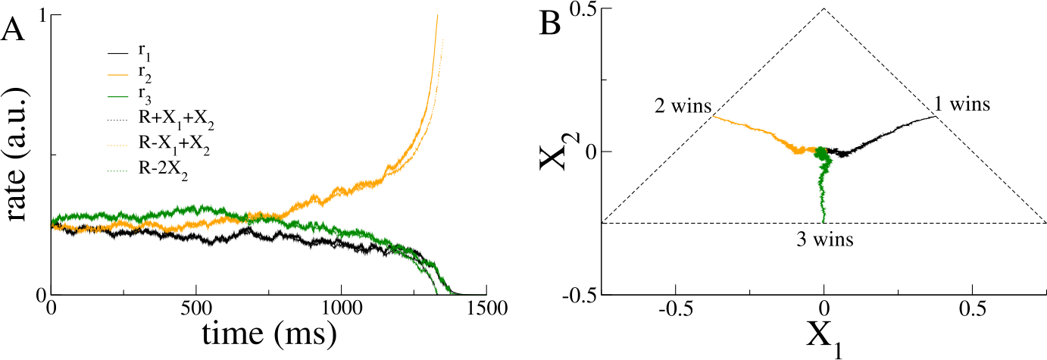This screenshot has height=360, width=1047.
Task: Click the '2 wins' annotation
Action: [682, 107]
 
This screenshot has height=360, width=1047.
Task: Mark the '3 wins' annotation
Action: [826, 241]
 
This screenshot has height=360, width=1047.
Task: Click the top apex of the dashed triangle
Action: [824, 9]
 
